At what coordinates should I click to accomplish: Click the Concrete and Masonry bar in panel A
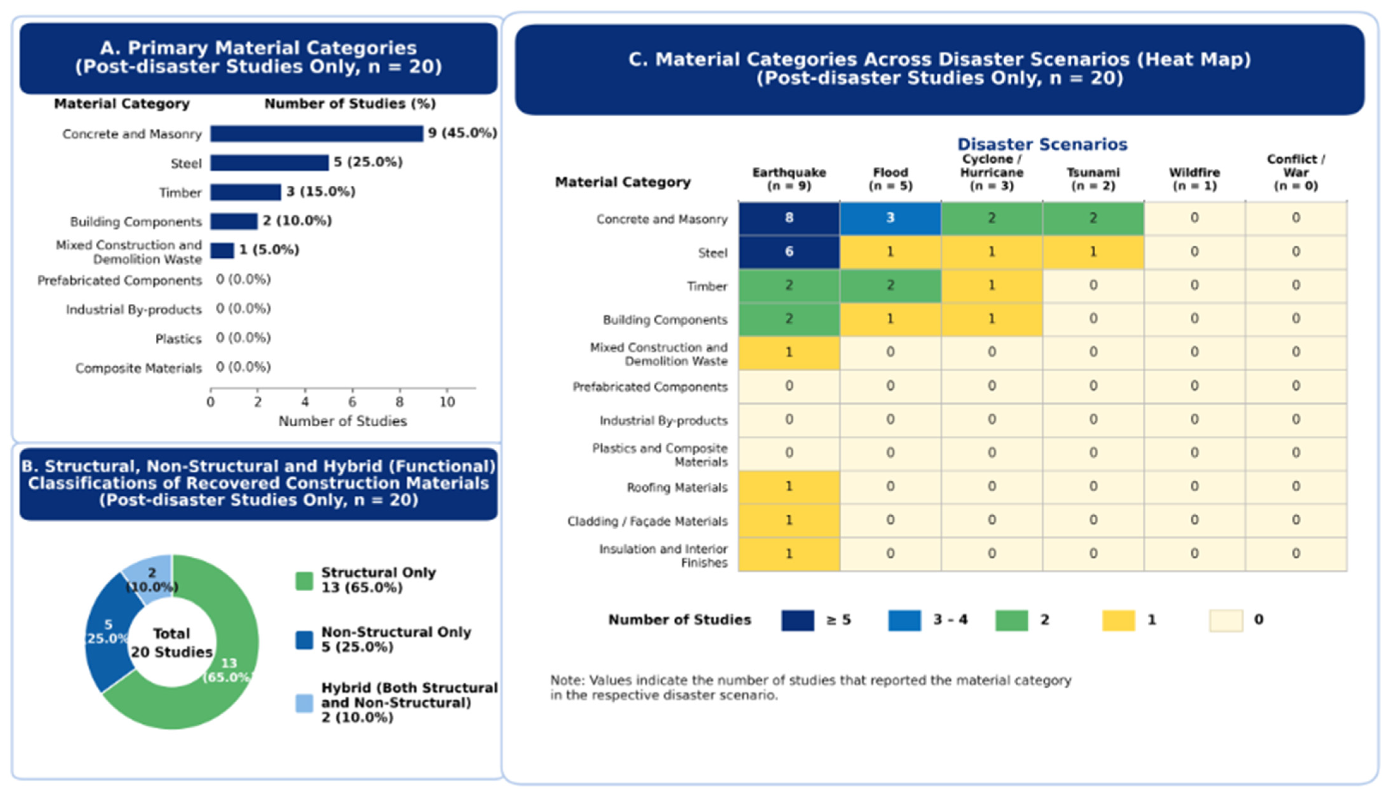317,134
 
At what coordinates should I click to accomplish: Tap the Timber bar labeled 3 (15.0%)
246,192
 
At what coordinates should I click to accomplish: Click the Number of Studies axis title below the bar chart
343,421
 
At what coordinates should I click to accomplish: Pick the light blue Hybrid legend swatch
304,703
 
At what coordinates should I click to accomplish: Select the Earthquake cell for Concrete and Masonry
789,218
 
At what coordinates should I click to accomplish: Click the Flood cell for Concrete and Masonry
890,218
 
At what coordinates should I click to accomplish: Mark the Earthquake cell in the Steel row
789,252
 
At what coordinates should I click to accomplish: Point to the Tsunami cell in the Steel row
1093,252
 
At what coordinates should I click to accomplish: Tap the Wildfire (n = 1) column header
1194,179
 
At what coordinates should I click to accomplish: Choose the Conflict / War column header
1296,173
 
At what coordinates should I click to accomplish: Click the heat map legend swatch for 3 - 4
905,621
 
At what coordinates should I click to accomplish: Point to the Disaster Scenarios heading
1042,144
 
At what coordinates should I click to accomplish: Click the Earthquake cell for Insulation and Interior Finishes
789,554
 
